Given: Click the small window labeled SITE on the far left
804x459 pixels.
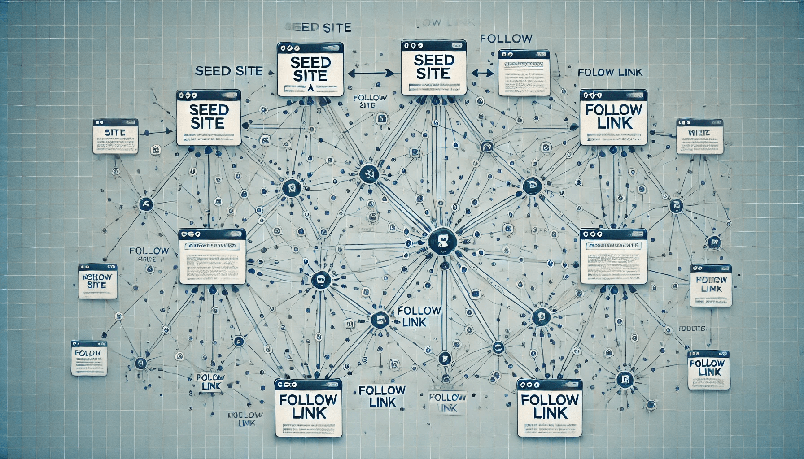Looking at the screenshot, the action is click(115, 136).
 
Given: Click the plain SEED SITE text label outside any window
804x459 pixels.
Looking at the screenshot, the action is click(229, 71).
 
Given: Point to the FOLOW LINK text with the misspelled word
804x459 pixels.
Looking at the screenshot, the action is click(610, 72).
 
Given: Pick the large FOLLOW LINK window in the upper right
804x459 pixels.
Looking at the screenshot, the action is click(613, 117).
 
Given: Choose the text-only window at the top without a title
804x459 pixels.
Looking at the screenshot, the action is click(524, 73).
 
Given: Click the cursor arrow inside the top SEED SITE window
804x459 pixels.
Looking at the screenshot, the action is click(310, 87).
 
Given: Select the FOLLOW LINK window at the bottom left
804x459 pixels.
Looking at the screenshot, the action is click(308, 408).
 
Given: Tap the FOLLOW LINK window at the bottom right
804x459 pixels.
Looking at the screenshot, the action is click(550, 407).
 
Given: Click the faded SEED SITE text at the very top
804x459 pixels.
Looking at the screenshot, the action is click(318, 27).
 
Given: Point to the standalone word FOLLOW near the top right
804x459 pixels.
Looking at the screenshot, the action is click(506, 39).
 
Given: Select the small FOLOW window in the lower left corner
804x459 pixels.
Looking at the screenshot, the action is click(89, 358).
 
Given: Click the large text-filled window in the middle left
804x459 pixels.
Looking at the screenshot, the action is click(212, 256).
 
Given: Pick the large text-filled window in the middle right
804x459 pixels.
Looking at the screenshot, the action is click(613, 256).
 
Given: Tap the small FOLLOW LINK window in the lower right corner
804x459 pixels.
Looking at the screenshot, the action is click(709, 369).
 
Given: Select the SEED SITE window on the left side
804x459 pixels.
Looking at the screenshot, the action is click(209, 117).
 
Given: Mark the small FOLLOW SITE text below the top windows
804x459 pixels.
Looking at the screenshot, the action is click(370, 101).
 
